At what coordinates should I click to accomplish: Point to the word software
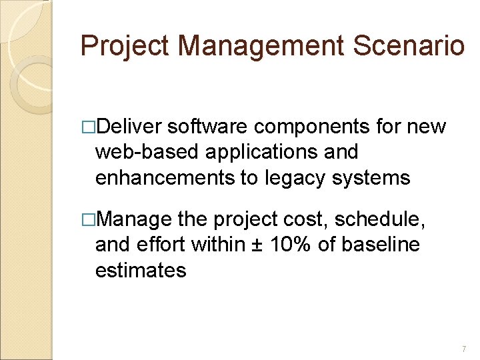coord(208,127)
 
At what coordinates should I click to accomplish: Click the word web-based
coord(137,153)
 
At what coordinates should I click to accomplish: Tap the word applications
coord(245,153)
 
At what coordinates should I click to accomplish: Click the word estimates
coord(141,271)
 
